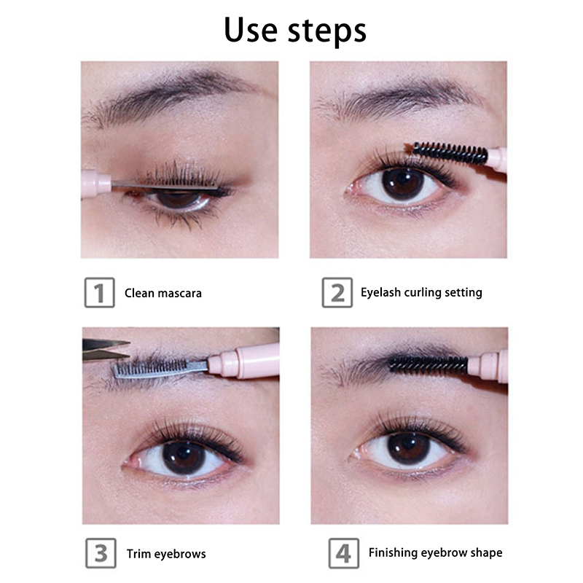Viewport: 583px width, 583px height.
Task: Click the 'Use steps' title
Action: pyautogui.click(x=295, y=31)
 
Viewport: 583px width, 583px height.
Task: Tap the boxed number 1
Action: pyautogui.click(x=99, y=293)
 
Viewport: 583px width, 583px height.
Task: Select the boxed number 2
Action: pyautogui.click(x=337, y=293)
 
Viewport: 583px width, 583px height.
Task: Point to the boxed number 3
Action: pyautogui.click(x=101, y=553)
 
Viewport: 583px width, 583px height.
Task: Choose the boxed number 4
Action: pyautogui.click(x=343, y=553)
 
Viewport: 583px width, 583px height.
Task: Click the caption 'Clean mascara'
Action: pyautogui.click(x=163, y=293)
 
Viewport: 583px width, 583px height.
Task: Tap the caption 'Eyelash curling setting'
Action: pyautogui.click(x=421, y=292)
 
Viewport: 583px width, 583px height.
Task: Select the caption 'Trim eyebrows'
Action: pyautogui.click(x=166, y=554)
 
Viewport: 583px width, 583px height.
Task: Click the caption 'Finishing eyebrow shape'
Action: pyautogui.click(x=435, y=552)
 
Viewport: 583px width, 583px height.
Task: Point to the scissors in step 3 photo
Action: pyautogui.click(x=106, y=350)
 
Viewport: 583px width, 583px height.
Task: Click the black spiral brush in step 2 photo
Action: pyautogui.click(x=450, y=153)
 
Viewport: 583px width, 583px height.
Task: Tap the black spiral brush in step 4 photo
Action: pyautogui.click(x=428, y=364)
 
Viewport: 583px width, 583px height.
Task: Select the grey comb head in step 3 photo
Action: pyautogui.click(x=160, y=368)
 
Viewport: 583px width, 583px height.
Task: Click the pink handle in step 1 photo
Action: pyautogui.click(x=96, y=182)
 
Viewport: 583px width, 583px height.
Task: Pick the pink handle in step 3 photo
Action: pyautogui.click(x=244, y=361)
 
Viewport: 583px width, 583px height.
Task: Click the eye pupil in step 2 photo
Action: pyautogui.click(x=403, y=185)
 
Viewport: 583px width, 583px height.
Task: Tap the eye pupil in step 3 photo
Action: pyautogui.click(x=184, y=458)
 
